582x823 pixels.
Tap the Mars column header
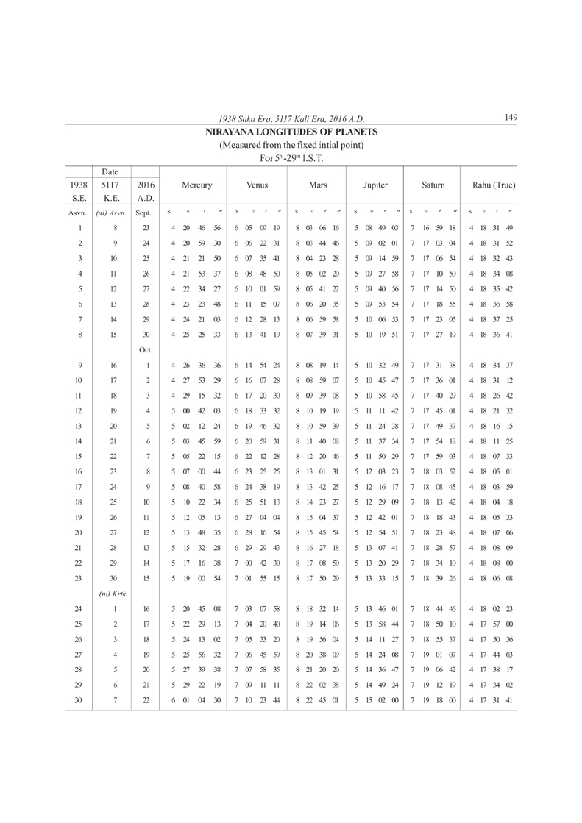[319, 186]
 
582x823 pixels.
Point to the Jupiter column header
[375, 186]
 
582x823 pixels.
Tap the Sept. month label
[144, 213]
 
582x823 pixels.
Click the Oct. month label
[144, 349]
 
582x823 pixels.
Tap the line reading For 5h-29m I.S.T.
[292, 157]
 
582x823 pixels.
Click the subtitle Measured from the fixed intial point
[292, 145]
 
